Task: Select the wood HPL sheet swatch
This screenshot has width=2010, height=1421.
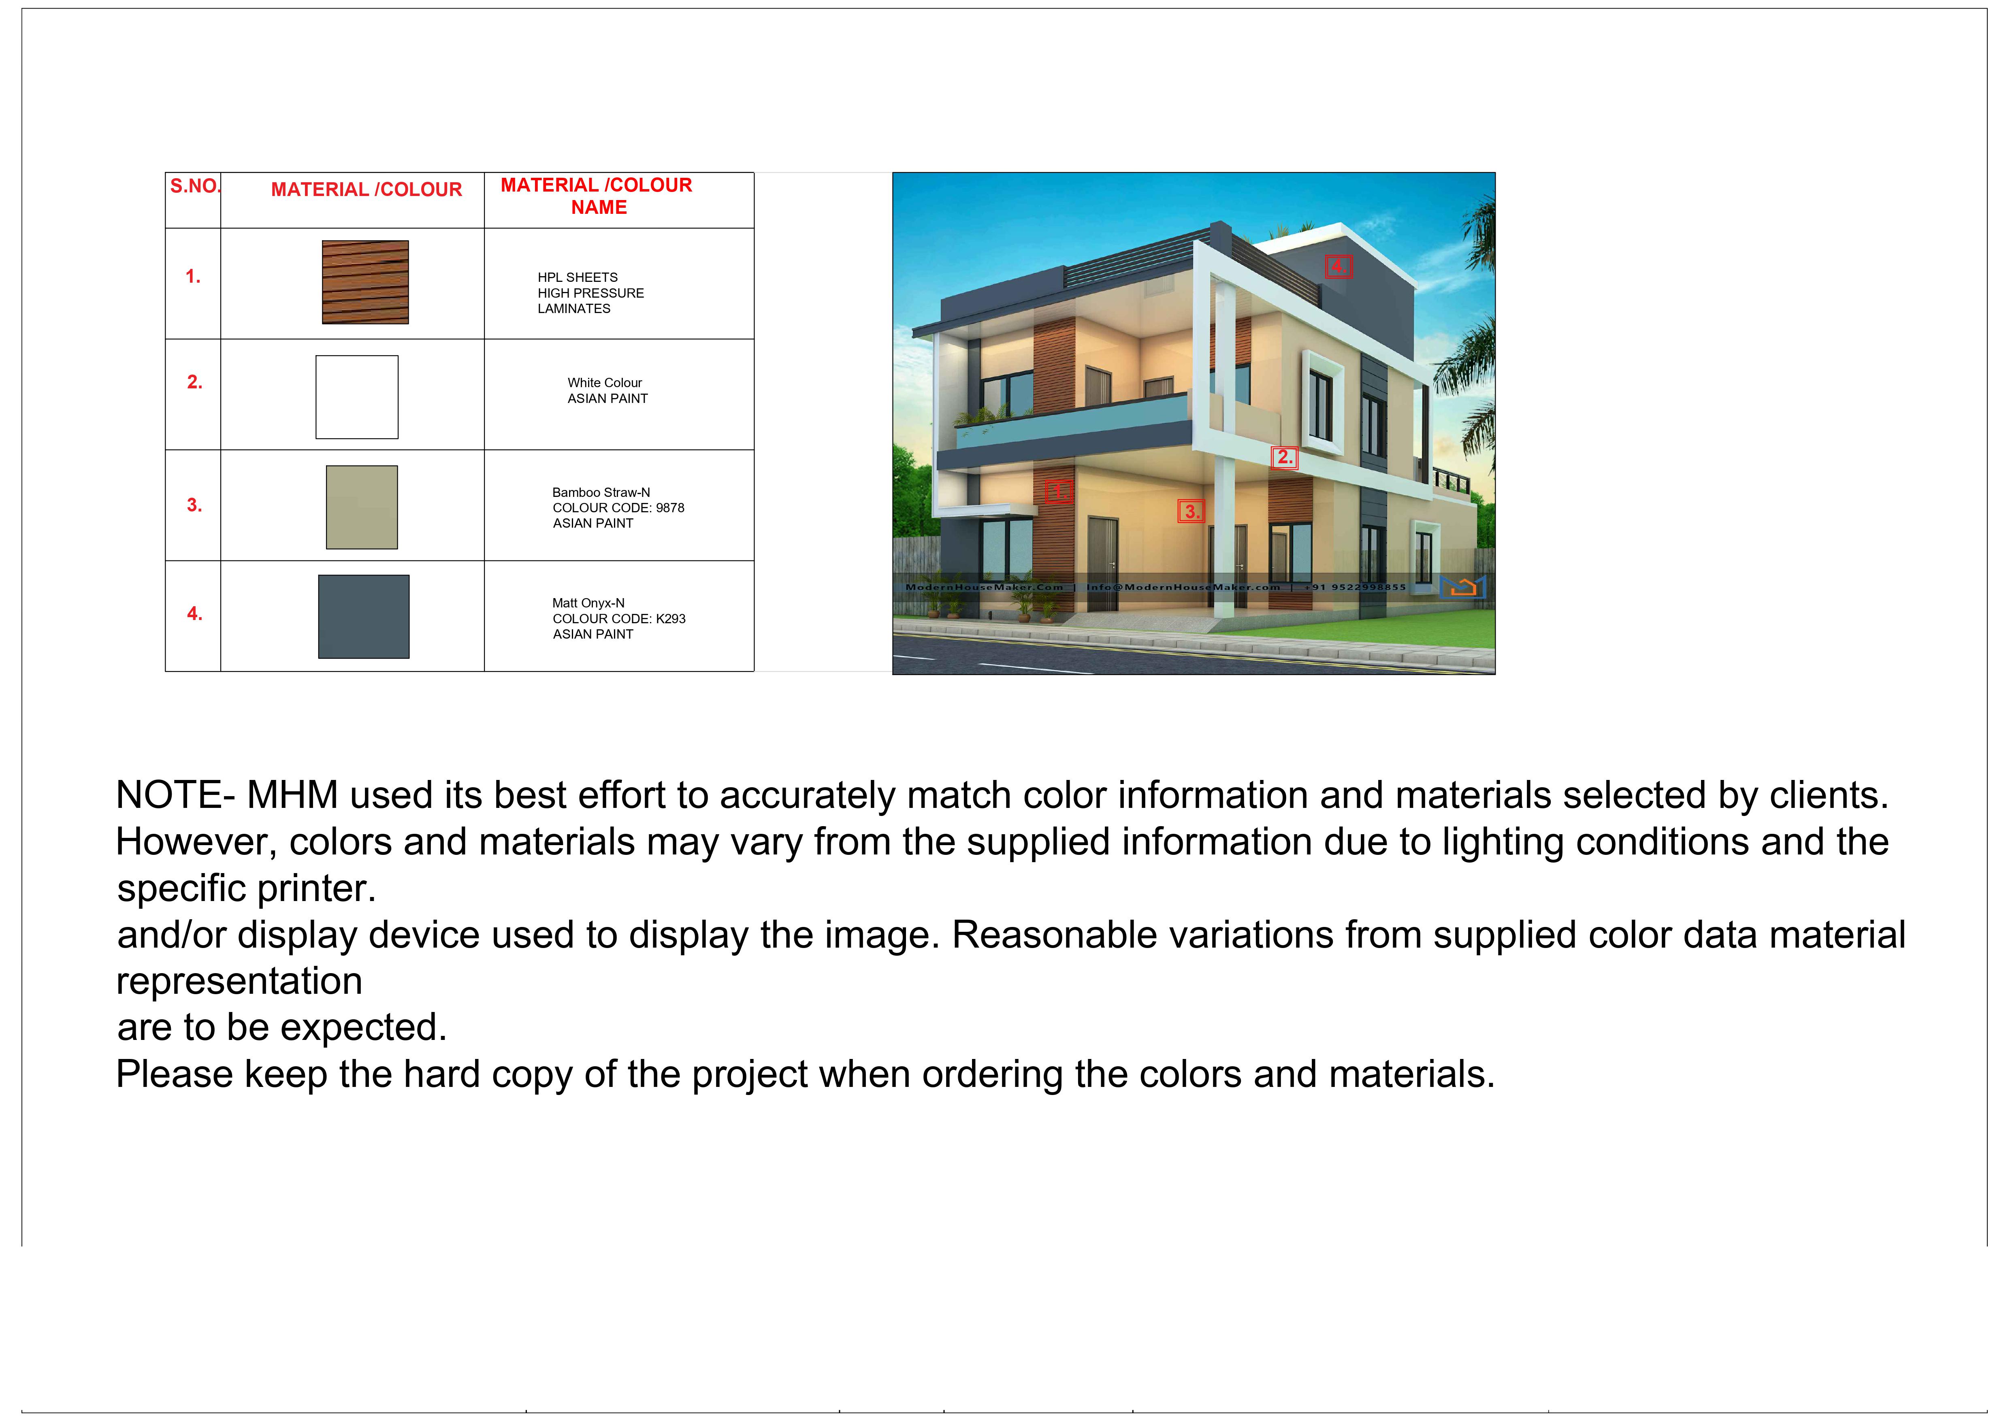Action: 365,282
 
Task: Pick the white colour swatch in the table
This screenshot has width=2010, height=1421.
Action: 357,396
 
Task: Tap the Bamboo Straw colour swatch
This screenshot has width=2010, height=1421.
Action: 362,507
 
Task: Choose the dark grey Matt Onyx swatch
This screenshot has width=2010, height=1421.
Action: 363,616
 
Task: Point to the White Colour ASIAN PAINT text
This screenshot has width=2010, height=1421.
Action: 607,390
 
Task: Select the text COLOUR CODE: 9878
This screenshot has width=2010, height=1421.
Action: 618,508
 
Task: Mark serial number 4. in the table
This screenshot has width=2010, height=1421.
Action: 194,614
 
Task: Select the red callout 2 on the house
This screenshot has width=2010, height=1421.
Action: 1284,457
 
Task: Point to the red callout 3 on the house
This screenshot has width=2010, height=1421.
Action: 1192,511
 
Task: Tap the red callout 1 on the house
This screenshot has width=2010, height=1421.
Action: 1058,491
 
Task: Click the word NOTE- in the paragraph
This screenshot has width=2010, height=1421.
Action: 175,795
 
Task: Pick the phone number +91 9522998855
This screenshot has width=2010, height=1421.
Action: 1355,588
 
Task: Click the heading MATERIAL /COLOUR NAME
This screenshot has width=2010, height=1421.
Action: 597,196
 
